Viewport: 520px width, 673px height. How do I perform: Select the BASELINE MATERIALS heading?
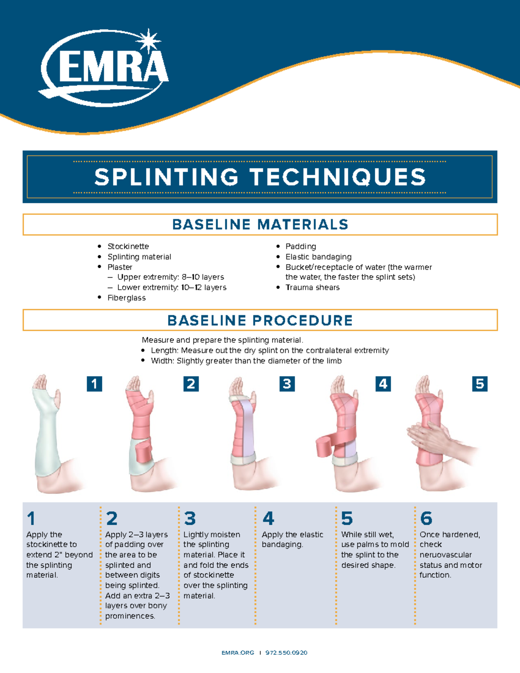(260, 224)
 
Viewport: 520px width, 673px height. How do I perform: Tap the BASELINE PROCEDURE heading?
(260, 320)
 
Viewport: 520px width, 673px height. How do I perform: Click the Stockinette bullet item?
(128, 246)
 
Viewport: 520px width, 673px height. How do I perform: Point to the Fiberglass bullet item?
(126, 298)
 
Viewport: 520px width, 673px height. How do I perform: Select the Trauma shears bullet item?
(312, 287)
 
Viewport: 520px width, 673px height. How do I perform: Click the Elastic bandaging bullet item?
(318, 257)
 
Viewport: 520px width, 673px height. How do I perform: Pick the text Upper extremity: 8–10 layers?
(170, 277)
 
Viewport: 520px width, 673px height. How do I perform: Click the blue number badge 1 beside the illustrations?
(94, 384)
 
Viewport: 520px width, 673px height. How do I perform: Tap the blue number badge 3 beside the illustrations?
(287, 384)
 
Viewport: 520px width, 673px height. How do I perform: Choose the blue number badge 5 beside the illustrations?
(480, 384)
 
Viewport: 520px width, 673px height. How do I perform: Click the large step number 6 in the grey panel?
(426, 518)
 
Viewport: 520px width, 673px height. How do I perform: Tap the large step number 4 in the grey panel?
(268, 518)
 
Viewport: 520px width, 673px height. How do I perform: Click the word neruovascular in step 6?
(445, 555)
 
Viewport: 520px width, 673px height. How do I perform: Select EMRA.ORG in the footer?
(237, 653)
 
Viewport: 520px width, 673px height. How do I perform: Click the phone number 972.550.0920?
(286, 653)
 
